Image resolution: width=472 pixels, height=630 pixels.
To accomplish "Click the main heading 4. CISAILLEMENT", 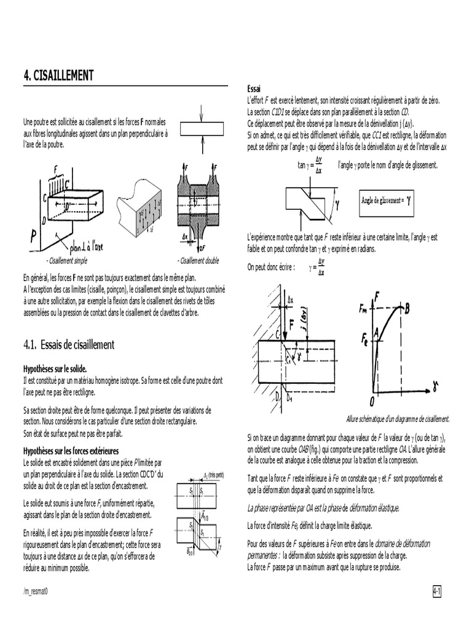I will coord(58,76).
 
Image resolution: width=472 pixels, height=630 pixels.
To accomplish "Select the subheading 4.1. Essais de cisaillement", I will coord(69,345).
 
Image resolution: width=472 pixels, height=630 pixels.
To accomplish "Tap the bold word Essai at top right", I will coord(254,88).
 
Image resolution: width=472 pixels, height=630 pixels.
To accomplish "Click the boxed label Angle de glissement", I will coord(387,200).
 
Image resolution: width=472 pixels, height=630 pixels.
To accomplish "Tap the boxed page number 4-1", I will coord(438,591).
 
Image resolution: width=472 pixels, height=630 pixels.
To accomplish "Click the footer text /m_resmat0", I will coord(36,591).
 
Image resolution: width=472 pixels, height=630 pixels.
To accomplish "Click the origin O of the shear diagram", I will coord(372,401).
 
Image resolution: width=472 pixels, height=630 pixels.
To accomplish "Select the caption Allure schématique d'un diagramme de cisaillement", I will coord(398,418).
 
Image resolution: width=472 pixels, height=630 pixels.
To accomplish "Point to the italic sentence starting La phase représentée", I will coord(323,508).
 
